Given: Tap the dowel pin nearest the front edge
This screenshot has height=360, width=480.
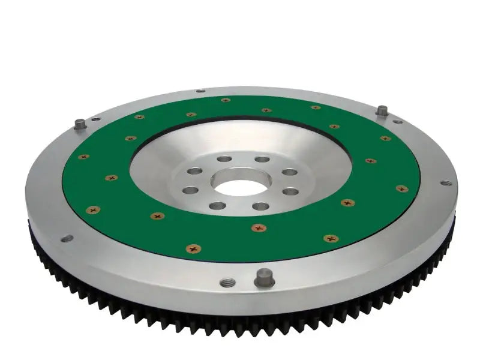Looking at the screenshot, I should pyautogui.click(x=264, y=278).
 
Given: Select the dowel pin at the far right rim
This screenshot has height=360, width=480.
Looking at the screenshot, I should pyautogui.click(x=382, y=111).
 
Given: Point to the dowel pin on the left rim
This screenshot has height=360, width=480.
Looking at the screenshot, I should pyautogui.click(x=79, y=124).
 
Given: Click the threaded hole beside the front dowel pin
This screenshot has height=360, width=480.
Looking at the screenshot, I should pyautogui.click(x=226, y=283).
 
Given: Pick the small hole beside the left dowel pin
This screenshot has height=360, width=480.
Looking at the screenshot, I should pyautogui.click(x=96, y=119).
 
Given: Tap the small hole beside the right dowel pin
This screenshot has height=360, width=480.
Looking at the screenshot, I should pyautogui.click(x=398, y=121).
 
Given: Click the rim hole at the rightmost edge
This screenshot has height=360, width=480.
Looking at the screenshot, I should pyautogui.click(x=445, y=183).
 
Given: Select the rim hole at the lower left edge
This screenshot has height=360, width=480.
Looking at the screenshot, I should pyautogui.click(x=67, y=238).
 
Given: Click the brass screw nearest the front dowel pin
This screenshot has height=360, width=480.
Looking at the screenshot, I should pyautogui.click(x=259, y=228).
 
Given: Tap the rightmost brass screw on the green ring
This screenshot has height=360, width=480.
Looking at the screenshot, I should pyautogui.click(x=402, y=188).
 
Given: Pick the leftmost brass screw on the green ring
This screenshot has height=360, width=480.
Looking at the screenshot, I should pyautogui.click(x=83, y=157).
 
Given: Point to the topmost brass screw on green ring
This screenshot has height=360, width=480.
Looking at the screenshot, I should pyautogui.click(x=226, y=100).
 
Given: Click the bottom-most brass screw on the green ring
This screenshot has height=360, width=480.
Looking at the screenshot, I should pyautogui.click(x=193, y=248).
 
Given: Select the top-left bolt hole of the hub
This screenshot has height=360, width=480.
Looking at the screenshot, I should pyautogui.click(x=224, y=159).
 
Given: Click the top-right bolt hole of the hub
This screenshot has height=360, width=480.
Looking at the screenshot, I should pyautogui.click(x=262, y=159).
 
